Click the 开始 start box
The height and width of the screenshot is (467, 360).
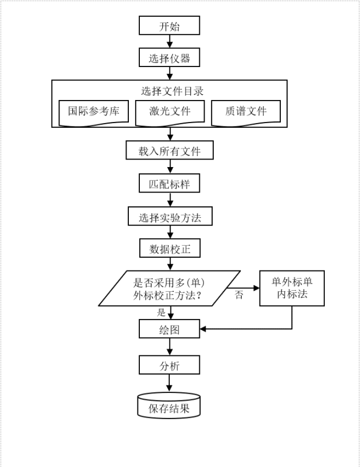(169, 26)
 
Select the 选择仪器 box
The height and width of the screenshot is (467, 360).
(169, 58)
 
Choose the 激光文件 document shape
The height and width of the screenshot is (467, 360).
(169, 112)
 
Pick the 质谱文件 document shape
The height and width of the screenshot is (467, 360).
(246, 112)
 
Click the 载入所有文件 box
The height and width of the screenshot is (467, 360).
(169, 151)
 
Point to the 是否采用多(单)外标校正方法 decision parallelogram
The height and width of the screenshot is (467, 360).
(169, 288)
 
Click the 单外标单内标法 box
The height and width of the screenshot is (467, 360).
(292, 287)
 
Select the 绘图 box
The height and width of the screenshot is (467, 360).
(169, 329)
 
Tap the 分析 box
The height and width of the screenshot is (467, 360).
(169, 365)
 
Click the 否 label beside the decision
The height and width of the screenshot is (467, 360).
(239, 295)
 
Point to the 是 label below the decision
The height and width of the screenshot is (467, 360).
(161, 313)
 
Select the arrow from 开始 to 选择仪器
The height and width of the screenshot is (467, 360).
(169, 42)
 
